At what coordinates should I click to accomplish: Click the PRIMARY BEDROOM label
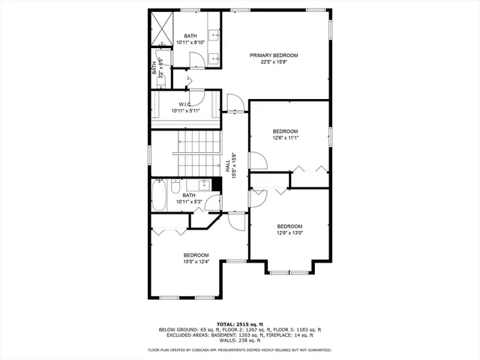274,55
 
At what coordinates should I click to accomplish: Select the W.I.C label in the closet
186,103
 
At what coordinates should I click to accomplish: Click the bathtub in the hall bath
160,196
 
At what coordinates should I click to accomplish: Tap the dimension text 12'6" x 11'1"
285,137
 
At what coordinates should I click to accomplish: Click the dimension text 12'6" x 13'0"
289,232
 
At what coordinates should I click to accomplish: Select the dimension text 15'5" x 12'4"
196,262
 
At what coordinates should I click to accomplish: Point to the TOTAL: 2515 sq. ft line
239,323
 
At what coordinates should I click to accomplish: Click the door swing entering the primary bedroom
234,103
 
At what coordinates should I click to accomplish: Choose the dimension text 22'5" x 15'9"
274,62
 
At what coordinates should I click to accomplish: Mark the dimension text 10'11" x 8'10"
190,43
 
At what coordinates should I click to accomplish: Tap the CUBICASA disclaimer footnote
239,349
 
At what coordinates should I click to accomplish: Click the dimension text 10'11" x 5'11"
186,110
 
